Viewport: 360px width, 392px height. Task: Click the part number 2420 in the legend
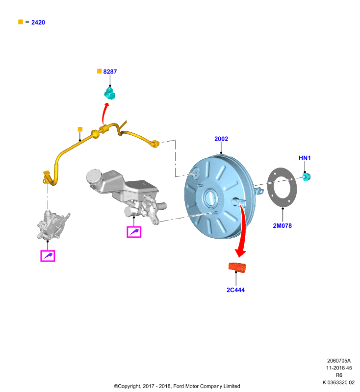38,23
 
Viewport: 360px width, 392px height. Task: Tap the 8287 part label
110,72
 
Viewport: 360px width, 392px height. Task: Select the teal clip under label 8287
109,93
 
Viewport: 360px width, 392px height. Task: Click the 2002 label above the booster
221,139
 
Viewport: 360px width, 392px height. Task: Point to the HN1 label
305,158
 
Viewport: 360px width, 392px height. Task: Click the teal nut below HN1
307,177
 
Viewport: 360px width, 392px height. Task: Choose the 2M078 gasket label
282,226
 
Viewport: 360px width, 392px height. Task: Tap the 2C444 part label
235,290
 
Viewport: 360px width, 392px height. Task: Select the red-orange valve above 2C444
237,267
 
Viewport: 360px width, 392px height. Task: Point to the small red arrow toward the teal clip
104,113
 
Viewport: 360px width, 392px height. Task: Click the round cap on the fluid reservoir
94,176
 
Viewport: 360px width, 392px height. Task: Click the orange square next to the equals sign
21,22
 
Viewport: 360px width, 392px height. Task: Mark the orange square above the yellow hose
80,129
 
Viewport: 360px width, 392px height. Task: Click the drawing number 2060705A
339,361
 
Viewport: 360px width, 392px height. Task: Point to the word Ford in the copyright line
179,386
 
